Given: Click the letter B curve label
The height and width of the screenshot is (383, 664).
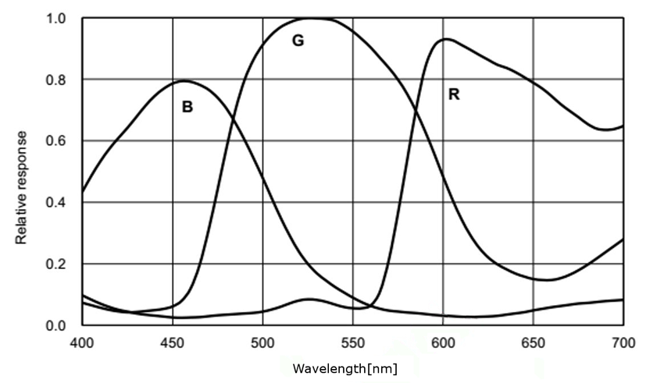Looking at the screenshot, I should [x=187, y=107].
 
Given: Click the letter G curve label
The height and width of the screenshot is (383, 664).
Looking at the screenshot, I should [x=298, y=41].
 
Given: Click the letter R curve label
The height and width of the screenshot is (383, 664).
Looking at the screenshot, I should [x=454, y=94].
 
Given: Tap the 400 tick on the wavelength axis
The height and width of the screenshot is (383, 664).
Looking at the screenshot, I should [x=82, y=342].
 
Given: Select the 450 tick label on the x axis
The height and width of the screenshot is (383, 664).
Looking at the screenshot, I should [x=173, y=342].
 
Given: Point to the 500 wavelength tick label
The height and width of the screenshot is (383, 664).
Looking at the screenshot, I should [x=262, y=342].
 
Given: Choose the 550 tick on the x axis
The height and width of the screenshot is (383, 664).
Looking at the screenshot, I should [x=352, y=342].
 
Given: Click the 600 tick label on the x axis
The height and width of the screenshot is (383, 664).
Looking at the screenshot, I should [x=443, y=342].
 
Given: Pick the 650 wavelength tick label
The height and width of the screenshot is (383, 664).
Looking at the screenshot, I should [x=534, y=342].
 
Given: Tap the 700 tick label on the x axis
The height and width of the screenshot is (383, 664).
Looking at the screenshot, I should [x=623, y=342].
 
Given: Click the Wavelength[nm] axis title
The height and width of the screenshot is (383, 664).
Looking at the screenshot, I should [x=344, y=368].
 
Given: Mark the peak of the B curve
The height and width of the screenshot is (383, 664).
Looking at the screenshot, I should [x=185, y=80].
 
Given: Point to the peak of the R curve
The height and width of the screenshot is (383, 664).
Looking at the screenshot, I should [x=445, y=38].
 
